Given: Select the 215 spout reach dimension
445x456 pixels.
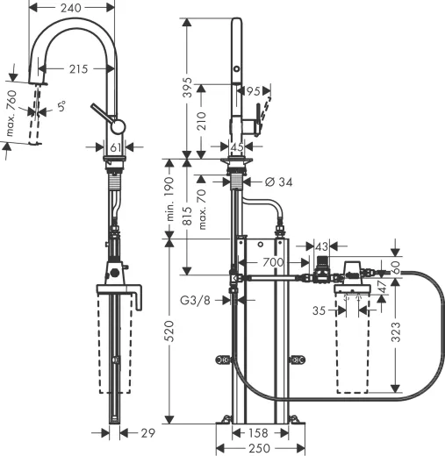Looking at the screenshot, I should [75, 68].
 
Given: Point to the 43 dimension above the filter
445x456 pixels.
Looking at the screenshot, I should [321, 246].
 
